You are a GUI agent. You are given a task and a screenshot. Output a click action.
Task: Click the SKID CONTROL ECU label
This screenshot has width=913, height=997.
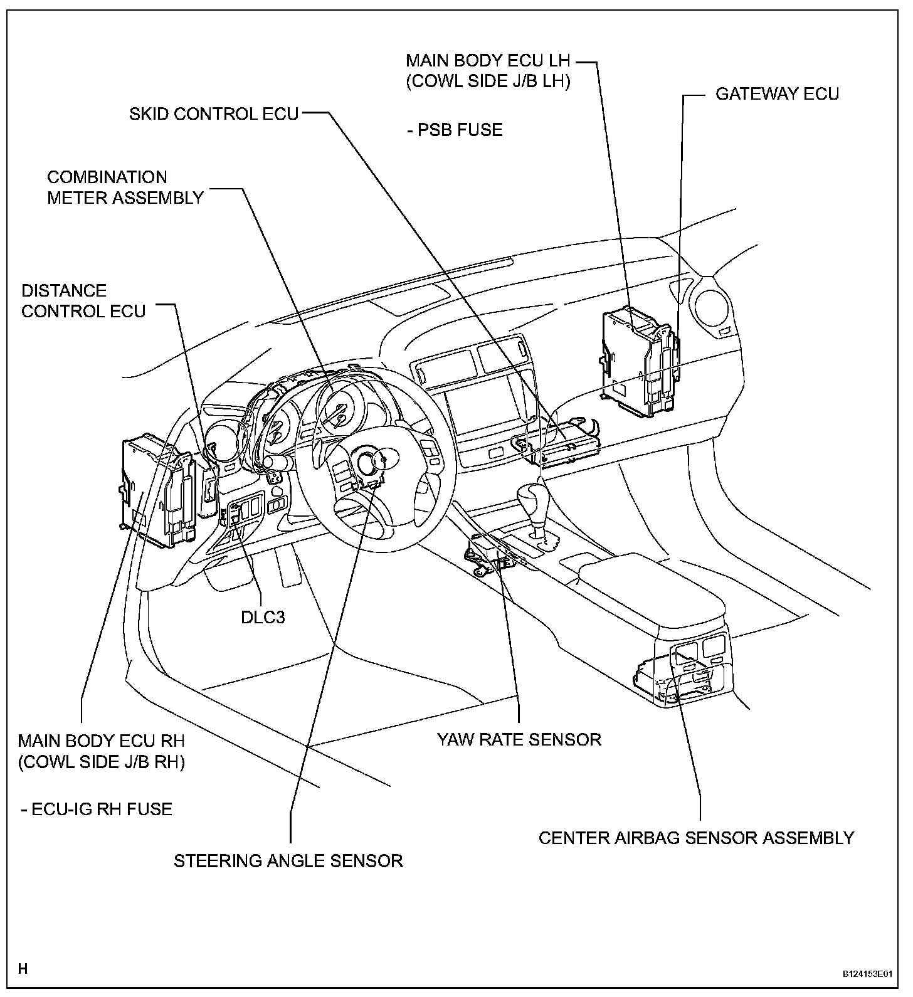point(214,113)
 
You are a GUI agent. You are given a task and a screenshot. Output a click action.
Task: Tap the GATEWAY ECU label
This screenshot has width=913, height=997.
point(777,94)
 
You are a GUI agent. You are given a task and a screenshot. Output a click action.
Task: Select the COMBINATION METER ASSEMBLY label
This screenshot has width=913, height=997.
point(125,187)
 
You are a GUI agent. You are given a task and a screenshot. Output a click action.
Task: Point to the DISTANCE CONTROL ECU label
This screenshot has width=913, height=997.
point(83,301)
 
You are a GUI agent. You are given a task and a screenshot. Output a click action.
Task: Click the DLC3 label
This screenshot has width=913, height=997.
point(263,617)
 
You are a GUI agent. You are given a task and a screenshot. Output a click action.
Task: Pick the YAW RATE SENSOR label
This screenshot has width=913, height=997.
point(519,739)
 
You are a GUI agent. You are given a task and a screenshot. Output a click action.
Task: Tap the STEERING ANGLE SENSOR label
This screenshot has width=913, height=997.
point(288,860)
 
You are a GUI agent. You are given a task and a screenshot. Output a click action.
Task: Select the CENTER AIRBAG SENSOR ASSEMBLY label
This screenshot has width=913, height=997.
point(696,838)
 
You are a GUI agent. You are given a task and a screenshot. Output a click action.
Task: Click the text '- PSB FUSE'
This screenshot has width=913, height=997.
point(455,130)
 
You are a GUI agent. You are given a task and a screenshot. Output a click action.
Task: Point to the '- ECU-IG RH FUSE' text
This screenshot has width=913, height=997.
point(96,809)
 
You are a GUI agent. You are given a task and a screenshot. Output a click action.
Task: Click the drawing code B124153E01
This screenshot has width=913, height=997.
point(867,974)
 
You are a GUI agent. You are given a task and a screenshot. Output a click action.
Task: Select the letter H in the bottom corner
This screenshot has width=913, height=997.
point(23,969)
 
